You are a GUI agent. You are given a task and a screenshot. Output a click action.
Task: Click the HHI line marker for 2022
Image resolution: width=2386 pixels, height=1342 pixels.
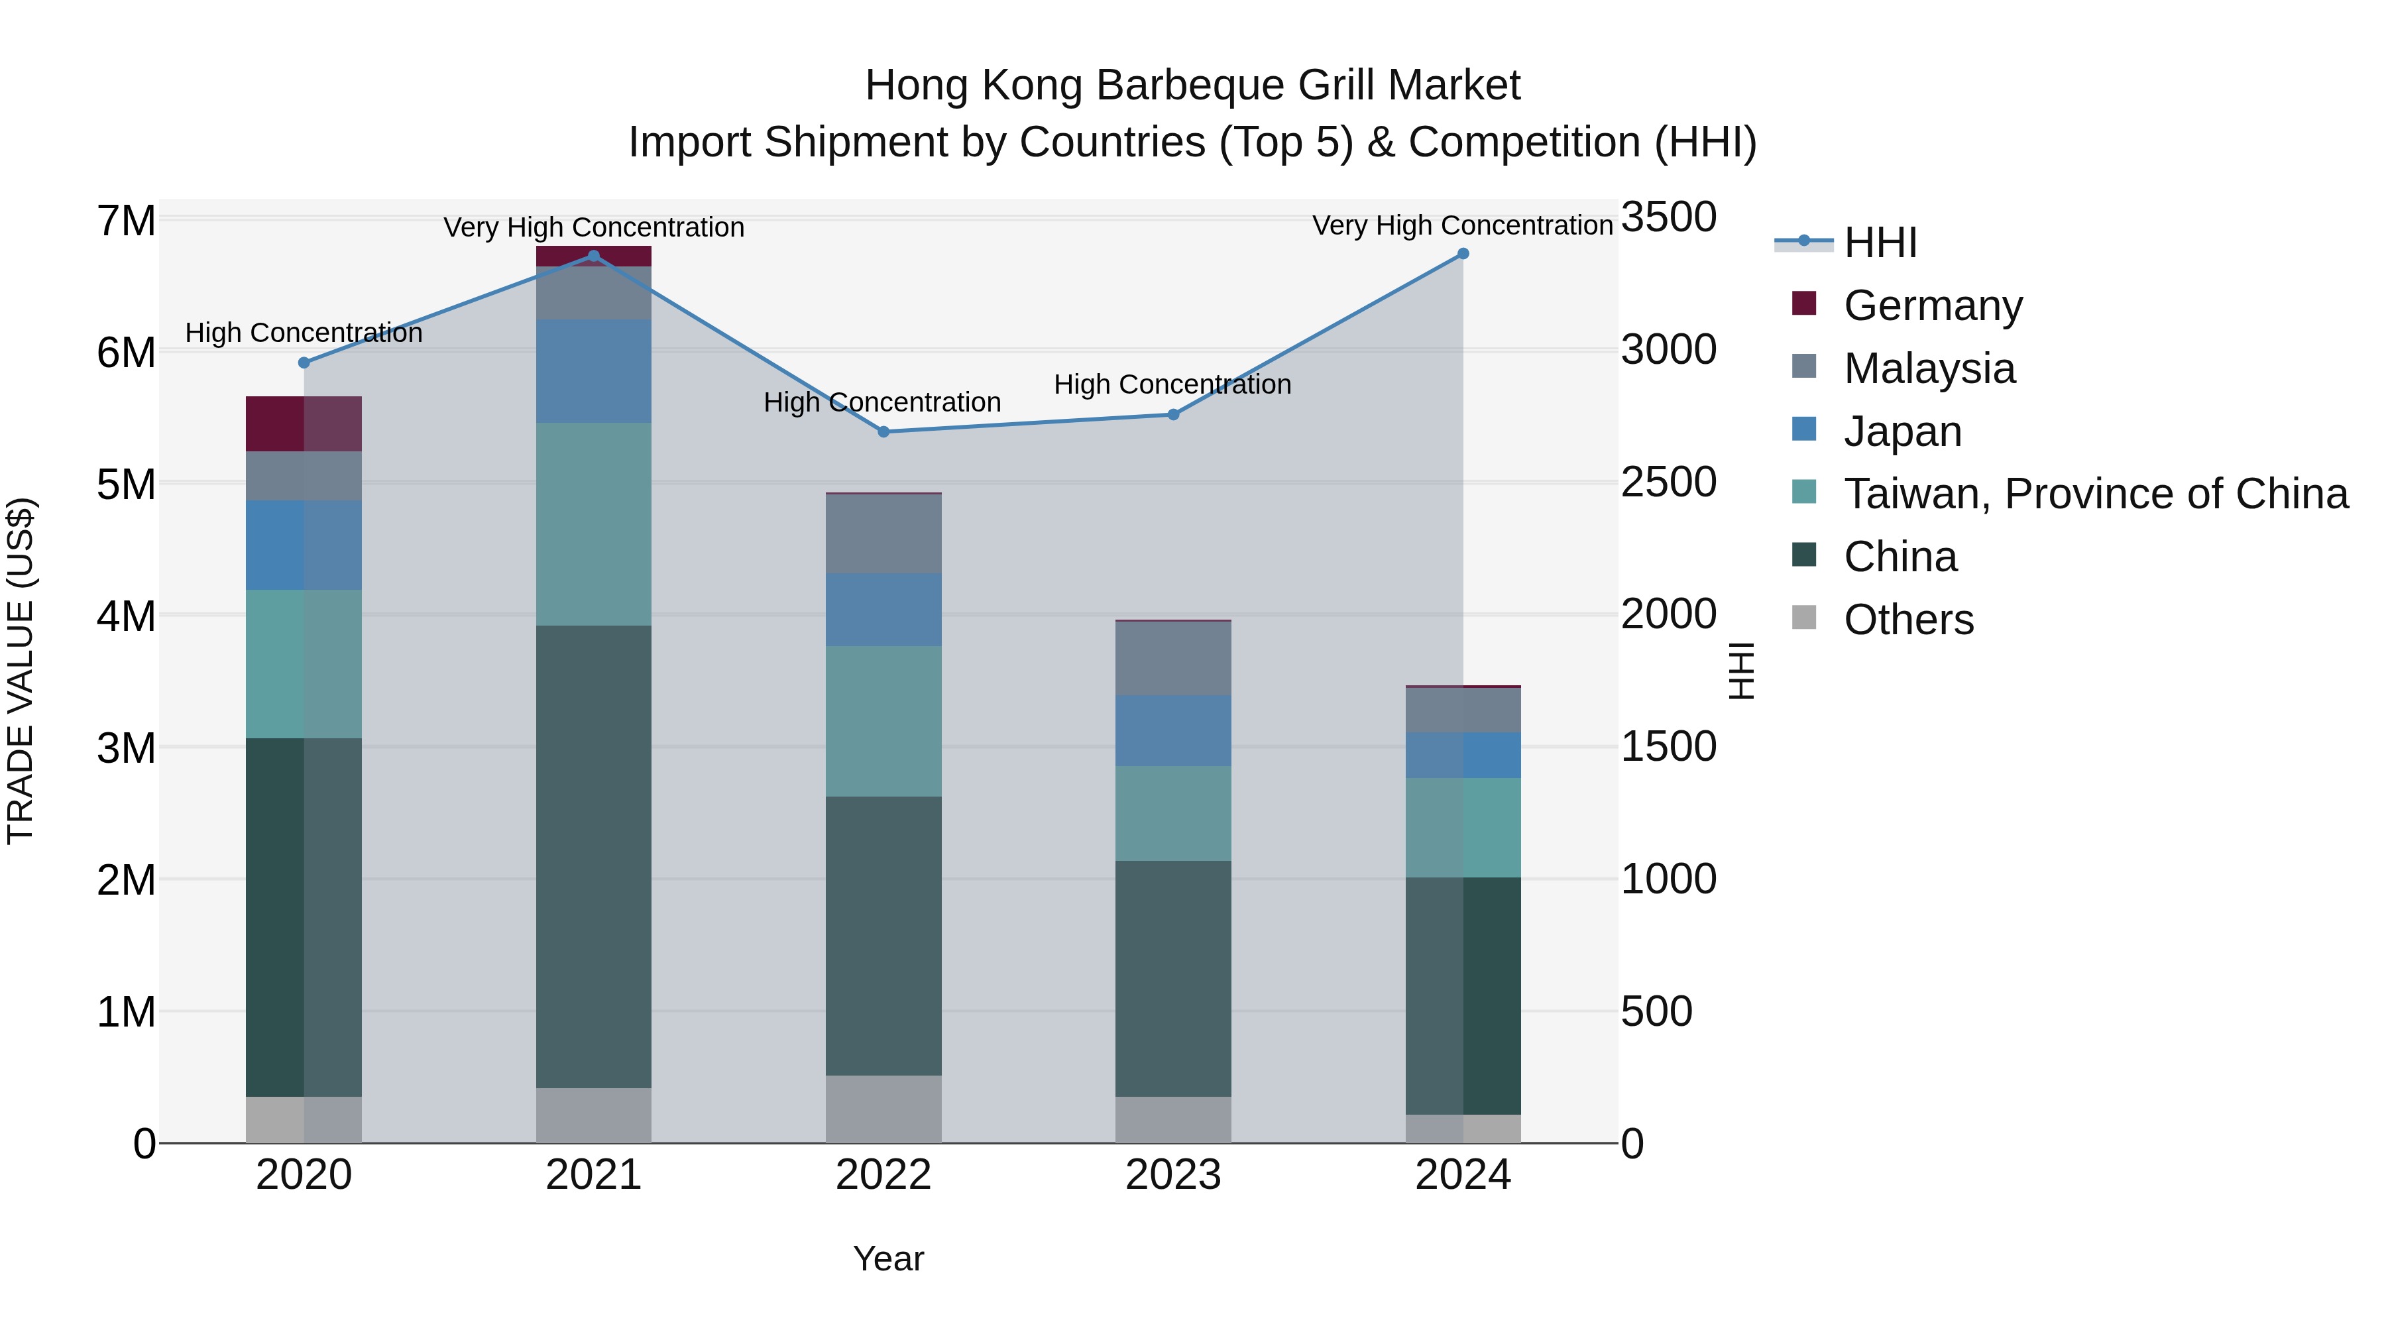[x=883, y=431]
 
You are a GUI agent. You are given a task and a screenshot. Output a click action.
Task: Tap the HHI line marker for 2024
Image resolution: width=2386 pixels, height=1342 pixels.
[x=1463, y=254]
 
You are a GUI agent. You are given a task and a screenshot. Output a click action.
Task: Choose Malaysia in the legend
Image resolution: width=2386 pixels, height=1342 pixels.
[x=1929, y=368]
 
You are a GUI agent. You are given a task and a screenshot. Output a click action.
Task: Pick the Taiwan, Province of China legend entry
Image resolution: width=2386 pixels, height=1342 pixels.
[x=2095, y=494]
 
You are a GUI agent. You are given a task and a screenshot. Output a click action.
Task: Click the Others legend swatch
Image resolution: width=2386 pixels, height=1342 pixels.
[x=1804, y=618]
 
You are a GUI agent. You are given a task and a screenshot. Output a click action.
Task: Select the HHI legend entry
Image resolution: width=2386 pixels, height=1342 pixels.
[x=1880, y=243]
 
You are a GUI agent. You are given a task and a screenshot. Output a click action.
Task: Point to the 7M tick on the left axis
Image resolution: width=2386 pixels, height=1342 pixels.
[x=126, y=221]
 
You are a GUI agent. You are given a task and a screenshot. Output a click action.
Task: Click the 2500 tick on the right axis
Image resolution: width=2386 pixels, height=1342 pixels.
[x=1668, y=482]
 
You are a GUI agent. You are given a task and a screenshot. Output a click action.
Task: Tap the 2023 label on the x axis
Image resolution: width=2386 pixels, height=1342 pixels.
[x=1172, y=1175]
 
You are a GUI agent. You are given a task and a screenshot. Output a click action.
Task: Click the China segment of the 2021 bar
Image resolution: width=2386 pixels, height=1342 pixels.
[x=594, y=857]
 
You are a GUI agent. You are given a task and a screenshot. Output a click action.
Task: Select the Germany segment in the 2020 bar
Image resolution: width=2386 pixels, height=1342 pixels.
[x=304, y=424]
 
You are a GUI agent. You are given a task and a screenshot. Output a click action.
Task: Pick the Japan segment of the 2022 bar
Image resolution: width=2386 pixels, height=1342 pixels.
[x=883, y=610]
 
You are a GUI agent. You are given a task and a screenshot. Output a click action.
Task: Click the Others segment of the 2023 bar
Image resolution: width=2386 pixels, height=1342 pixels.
[x=1172, y=1120]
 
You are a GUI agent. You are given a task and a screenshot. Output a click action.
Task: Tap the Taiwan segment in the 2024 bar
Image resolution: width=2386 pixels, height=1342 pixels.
[x=1463, y=827]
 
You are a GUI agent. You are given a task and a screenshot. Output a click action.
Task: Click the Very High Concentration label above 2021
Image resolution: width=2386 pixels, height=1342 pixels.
[x=594, y=228]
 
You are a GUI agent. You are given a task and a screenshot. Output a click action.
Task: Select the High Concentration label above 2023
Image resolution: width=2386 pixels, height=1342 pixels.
[x=1172, y=384]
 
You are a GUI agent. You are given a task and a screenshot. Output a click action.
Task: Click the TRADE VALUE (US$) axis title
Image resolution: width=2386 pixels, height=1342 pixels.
[x=21, y=671]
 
